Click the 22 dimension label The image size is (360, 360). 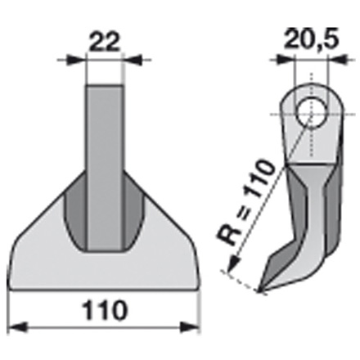(105, 43)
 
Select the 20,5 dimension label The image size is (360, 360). (311, 39)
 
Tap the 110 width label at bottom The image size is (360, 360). (105, 310)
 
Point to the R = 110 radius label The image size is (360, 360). (245, 203)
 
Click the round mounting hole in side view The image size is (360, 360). (312, 115)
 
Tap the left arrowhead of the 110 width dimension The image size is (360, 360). (18, 327)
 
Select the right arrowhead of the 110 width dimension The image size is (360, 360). (190, 327)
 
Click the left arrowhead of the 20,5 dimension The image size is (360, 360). (286, 60)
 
